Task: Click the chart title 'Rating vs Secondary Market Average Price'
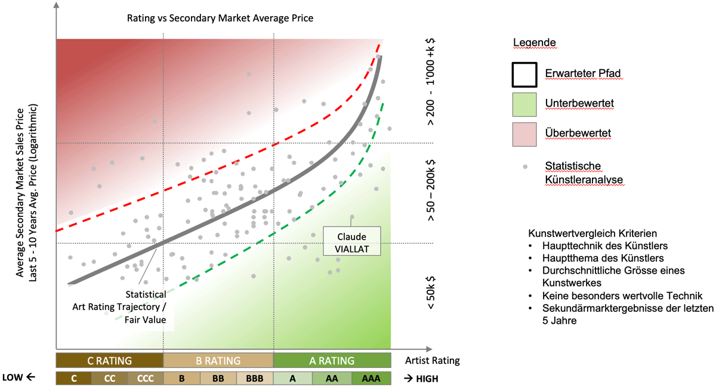pyautogui.click(x=220, y=18)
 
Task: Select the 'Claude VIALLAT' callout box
pyautogui.click(x=351, y=241)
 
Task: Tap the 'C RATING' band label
pyautogui.click(x=109, y=360)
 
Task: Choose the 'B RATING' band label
pyautogui.click(x=218, y=360)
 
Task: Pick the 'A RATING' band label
pyautogui.click(x=332, y=360)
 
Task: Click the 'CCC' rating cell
pyautogui.click(x=145, y=378)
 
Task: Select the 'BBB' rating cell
pyautogui.click(x=254, y=378)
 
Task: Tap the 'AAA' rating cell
pyautogui.click(x=371, y=378)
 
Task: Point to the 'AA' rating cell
pyautogui.click(x=332, y=378)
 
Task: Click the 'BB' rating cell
pyautogui.click(x=218, y=378)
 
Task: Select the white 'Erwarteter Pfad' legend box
pyautogui.click(x=525, y=74)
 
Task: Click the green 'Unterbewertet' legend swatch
pyautogui.click(x=525, y=103)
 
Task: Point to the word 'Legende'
pyautogui.click(x=534, y=43)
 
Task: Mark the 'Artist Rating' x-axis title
pyautogui.click(x=432, y=360)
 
